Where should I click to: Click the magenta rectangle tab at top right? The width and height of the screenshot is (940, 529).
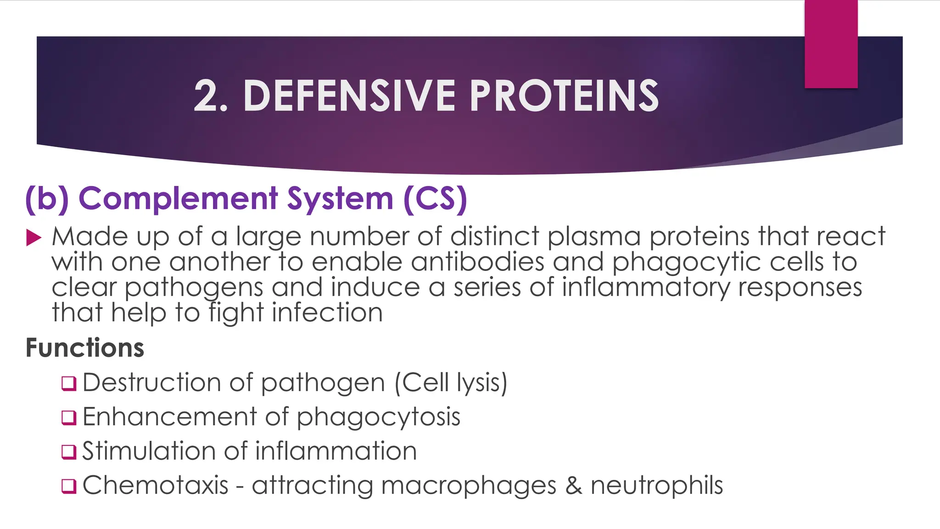coord(831,44)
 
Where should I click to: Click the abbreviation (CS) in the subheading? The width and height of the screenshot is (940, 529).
coord(435,198)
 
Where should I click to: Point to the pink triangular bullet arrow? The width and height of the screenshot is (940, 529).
coord(34,238)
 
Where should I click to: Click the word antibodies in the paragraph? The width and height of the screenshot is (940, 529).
coord(477,262)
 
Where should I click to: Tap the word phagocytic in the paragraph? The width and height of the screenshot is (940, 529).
coord(686,262)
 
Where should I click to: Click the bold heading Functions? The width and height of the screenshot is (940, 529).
coord(85,348)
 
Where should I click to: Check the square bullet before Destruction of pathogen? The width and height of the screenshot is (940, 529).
coord(69,383)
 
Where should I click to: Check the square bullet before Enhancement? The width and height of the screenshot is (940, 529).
coord(69,417)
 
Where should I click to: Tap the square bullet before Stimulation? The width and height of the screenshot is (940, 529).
coord(69,451)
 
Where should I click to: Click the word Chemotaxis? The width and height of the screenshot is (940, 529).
coord(155,485)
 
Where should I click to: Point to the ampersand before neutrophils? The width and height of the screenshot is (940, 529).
coord(573,485)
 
